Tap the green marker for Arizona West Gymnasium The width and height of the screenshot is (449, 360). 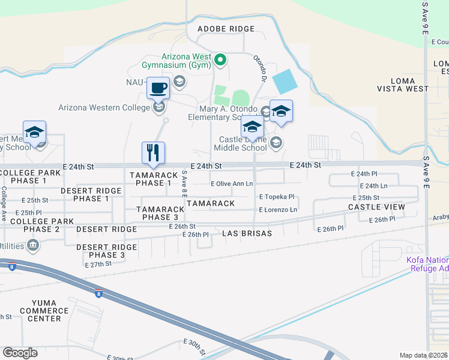(x=220, y=59)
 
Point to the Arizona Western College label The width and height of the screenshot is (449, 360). (x=103, y=108)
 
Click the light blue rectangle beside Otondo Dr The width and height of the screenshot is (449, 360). (x=284, y=81)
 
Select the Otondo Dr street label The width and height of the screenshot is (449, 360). (x=259, y=68)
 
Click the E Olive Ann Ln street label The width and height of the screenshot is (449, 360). (x=232, y=184)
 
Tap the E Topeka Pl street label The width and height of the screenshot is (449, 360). (x=277, y=196)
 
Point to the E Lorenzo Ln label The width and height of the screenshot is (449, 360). (x=277, y=209)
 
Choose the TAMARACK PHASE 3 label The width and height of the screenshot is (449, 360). (x=157, y=213)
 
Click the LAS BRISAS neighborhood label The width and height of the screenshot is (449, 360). (x=247, y=233)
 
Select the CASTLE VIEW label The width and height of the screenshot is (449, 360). (x=376, y=207)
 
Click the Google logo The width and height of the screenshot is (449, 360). (x=20, y=352)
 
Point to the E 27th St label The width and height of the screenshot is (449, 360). (x=98, y=263)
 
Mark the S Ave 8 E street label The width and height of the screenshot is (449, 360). (x=184, y=184)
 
